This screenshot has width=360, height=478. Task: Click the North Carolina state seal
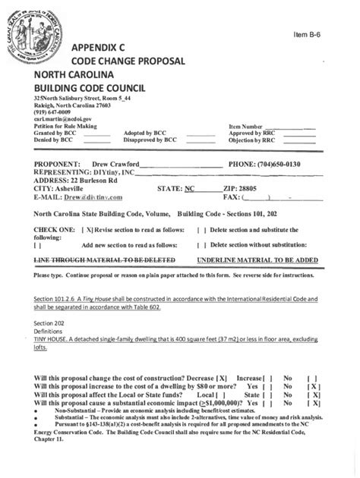pos(36,38)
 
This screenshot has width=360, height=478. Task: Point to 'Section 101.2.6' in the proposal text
pos(59,300)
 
